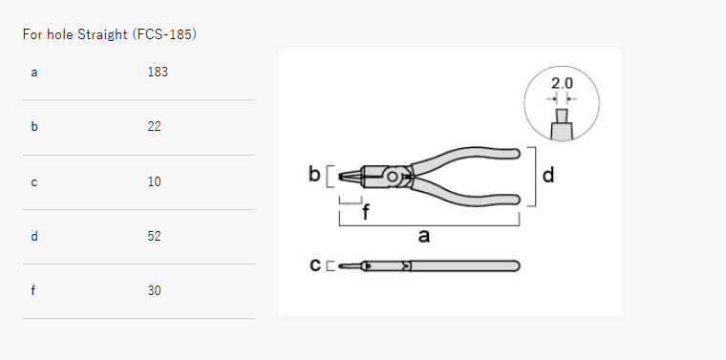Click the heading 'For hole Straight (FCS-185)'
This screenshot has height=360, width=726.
pyautogui.click(x=110, y=34)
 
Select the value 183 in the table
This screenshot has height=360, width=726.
pyautogui.click(x=158, y=72)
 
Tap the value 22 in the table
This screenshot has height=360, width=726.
pyautogui.click(x=155, y=126)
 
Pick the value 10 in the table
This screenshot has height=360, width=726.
pyautogui.click(x=155, y=181)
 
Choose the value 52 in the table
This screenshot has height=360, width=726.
pyautogui.click(x=155, y=236)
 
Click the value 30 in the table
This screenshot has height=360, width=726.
pyautogui.click(x=155, y=290)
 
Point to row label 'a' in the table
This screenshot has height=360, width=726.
pyautogui.click(x=34, y=72)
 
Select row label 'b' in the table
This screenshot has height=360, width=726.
pyautogui.click(x=34, y=126)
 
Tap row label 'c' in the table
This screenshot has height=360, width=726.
pyautogui.click(x=34, y=181)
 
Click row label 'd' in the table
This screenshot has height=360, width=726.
pyautogui.click(x=34, y=236)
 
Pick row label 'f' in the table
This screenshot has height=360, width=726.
pyautogui.click(x=33, y=290)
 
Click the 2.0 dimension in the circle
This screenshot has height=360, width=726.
pyautogui.click(x=562, y=84)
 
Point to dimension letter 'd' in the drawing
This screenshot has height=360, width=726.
pyautogui.click(x=548, y=176)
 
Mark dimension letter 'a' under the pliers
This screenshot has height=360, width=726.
pyautogui.click(x=424, y=236)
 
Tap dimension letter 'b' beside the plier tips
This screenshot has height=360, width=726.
pyautogui.click(x=314, y=175)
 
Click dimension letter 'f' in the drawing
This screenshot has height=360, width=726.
pyautogui.click(x=365, y=213)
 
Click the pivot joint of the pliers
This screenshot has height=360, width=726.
pyautogui.click(x=392, y=177)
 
